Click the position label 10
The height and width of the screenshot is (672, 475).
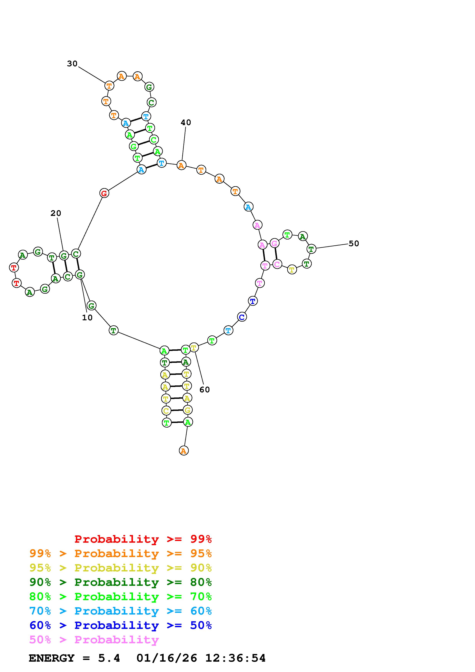tap(87, 318)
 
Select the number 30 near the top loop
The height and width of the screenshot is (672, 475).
tap(72, 64)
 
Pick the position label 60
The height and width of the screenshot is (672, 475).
tap(205, 390)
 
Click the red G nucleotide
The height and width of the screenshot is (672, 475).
tap(104, 193)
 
